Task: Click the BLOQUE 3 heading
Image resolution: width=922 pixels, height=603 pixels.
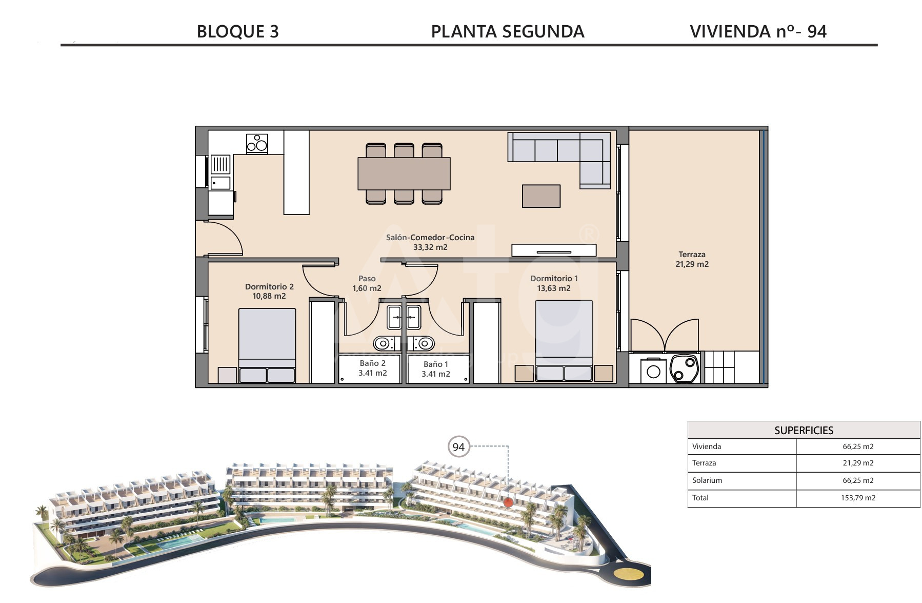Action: click(238, 32)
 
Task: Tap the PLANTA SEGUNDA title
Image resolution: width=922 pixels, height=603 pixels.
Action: click(508, 32)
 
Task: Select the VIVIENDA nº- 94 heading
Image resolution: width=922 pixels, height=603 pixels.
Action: click(758, 32)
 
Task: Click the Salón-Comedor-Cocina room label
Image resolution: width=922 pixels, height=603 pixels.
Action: click(430, 242)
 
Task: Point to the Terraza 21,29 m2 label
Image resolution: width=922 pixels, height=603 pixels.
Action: click(692, 259)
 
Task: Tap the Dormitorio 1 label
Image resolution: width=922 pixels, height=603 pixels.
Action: click(554, 283)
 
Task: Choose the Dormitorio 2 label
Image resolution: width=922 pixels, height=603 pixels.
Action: click(269, 291)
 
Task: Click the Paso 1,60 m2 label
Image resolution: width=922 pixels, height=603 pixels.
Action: click(367, 283)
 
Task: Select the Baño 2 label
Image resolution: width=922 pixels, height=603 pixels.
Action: click(373, 368)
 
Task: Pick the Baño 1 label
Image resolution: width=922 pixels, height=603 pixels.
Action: click(436, 369)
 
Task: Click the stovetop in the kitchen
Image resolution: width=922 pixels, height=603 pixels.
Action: click(257, 143)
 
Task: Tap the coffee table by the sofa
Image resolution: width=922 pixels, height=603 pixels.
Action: click(541, 196)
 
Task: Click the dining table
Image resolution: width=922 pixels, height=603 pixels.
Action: click(404, 173)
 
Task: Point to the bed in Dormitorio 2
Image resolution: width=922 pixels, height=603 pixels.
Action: click(267, 345)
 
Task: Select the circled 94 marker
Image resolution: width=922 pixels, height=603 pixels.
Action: click(458, 447)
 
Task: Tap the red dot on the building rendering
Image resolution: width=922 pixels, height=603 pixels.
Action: click(508, 502)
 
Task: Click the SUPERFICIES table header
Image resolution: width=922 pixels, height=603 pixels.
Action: click(804, 430)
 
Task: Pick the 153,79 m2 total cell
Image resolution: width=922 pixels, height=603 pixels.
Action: click(858, 498)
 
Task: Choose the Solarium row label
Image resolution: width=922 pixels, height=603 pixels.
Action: click(707, 480)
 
